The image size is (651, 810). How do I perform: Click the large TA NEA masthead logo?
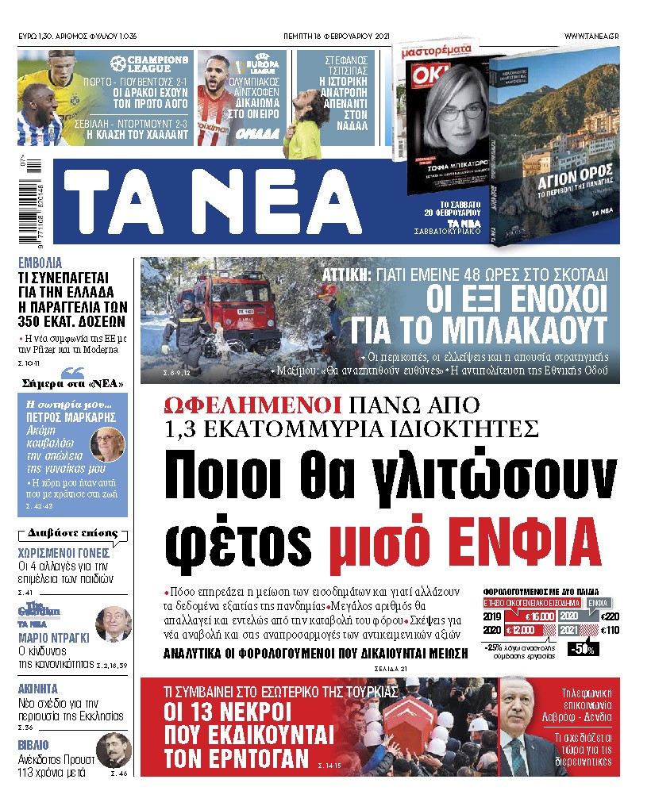[213, 202]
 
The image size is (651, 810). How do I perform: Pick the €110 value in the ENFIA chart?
[610, 630]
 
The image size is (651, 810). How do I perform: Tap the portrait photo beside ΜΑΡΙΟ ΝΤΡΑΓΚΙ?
[112, 623]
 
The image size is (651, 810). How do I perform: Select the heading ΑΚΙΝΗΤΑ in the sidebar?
[39, 689]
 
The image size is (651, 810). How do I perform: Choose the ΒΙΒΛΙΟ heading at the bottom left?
[33, 745]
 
